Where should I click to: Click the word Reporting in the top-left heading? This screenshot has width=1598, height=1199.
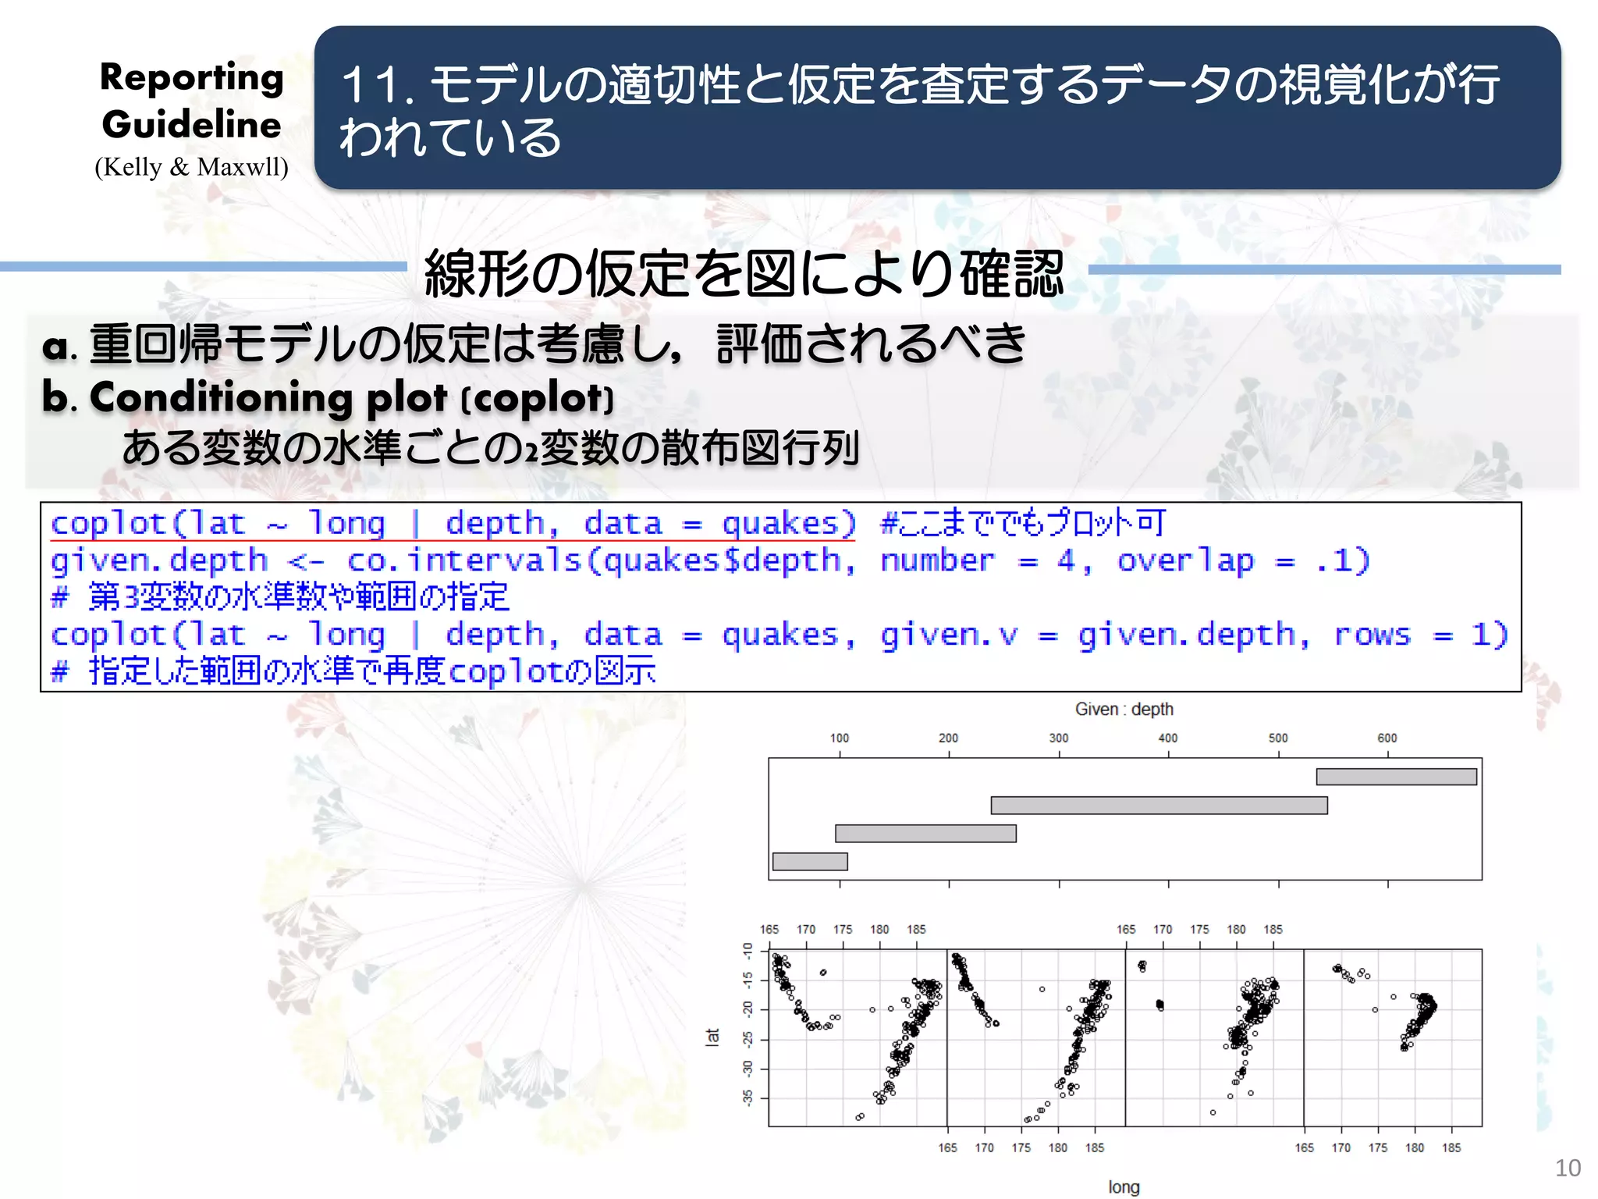191,78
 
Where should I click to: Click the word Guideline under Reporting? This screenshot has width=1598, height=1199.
191,125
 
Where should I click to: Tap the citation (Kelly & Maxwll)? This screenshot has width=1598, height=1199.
191,167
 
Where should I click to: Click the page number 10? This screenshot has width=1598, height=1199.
1568,1168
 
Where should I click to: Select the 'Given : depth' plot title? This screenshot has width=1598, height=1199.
1124,709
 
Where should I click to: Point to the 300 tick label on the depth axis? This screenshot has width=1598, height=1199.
1058,738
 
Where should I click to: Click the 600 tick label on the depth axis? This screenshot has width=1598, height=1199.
1387,738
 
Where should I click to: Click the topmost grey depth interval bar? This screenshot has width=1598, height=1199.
1396,777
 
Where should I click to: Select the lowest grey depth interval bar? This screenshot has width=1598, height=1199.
809,861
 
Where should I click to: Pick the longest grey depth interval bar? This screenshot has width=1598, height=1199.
1159,805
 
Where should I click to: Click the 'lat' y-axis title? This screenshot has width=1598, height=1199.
712,1037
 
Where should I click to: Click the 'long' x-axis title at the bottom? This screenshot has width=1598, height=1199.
1124,1187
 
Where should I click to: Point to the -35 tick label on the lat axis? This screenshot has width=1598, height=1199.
748,1098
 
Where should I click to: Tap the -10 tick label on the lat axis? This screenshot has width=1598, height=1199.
748,951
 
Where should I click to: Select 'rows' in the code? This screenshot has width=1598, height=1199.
1372,635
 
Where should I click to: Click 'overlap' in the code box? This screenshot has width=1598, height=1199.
1185,560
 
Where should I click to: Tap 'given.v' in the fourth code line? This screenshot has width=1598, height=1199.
950,635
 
